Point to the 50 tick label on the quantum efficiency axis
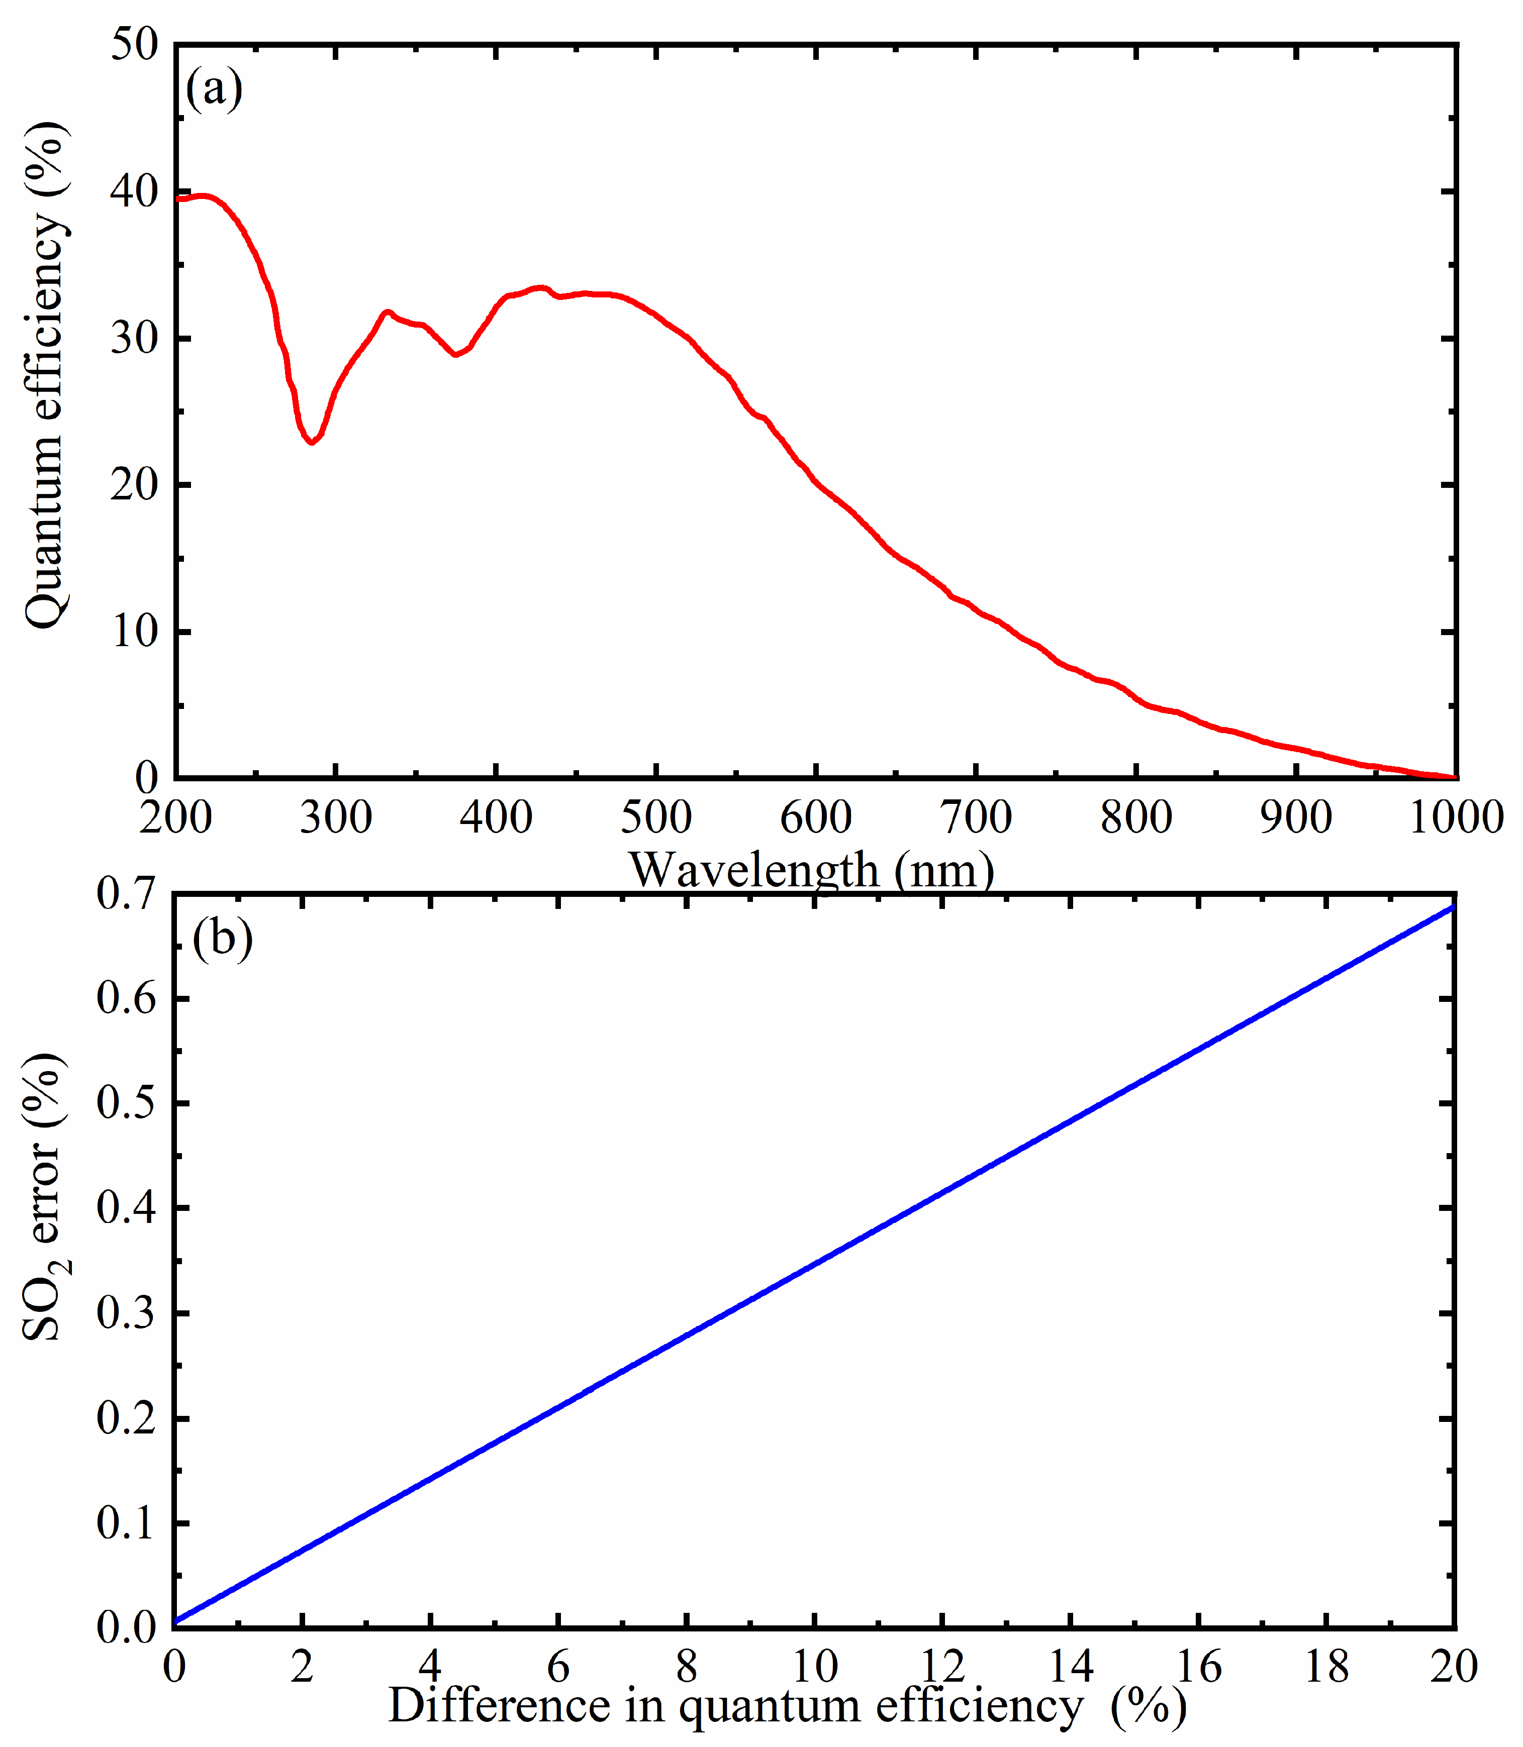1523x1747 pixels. tap(134, 44)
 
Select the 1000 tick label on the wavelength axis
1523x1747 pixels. tap(1456, 817)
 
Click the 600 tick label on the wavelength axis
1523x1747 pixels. tap(816, 817)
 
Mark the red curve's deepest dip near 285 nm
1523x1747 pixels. tap(313, 442)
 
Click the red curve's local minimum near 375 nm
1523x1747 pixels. tap(456, 354)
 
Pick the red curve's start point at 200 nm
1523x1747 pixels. tap(177, 198)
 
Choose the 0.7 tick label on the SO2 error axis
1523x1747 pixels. tap(128, 894)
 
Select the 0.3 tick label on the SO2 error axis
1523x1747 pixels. tap(128, 1313)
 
